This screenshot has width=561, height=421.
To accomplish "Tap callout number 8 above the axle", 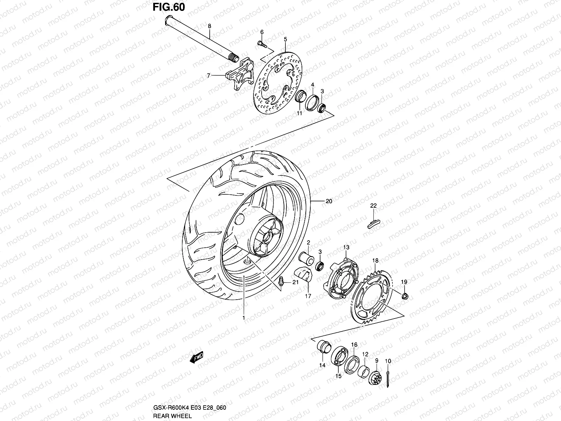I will [210, 26].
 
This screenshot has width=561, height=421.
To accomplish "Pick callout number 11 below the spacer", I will [299, 113].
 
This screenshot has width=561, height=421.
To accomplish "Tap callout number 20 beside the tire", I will [329, 201].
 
